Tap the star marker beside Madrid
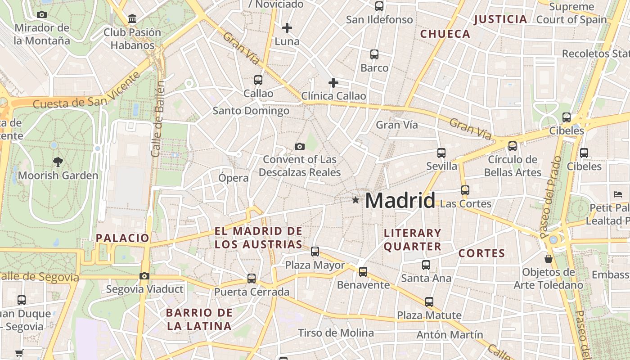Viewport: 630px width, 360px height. point(355,200)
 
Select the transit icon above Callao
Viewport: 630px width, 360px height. point(258,80)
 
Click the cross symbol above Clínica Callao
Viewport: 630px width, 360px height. point(333,83)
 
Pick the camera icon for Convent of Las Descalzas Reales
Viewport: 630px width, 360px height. point(299,146)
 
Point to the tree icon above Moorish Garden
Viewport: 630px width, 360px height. point(58,162)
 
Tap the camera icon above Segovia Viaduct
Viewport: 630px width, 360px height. point(144,276)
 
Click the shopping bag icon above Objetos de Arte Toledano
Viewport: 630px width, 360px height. point(548,259)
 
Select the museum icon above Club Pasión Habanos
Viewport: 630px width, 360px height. point(132,19)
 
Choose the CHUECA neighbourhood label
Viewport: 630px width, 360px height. point(445,34)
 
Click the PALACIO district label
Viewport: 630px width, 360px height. point(122,238)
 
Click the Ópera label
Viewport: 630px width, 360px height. point(233,178)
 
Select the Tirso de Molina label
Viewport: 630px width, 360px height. point(336,333)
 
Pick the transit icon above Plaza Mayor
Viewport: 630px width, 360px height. point(315,252)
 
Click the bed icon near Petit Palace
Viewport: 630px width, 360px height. point(617,194)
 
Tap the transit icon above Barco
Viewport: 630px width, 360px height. point(374,54)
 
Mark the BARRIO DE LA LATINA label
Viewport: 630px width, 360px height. point(199,319)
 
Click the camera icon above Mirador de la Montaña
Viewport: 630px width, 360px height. point(42,14)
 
